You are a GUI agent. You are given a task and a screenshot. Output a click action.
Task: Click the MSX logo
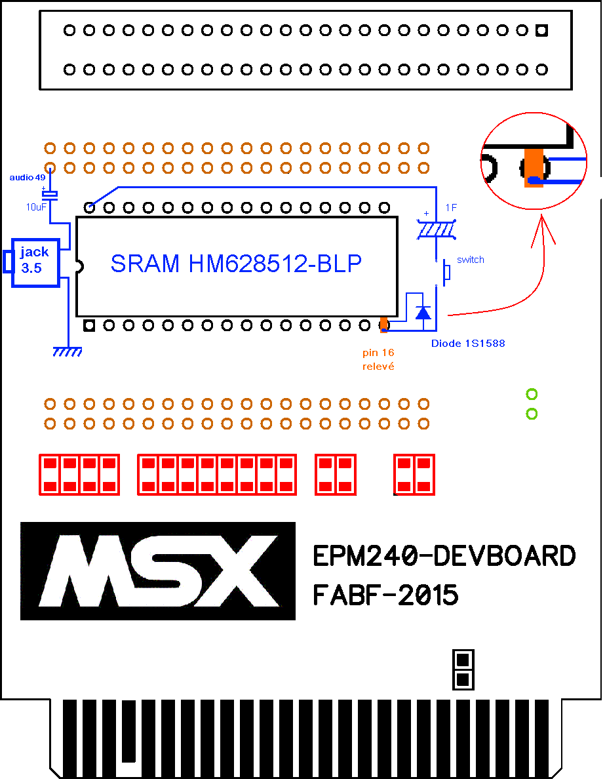pyautogui.click(x=158, y=571)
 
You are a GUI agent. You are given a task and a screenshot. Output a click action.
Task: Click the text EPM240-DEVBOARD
pyautogui.click(x=444, y=555)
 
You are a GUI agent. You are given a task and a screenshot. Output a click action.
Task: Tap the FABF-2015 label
pyautogui.click(x=385, y=595)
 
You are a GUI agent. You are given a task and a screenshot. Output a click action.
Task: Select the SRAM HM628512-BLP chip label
pyautogui.click(x=236, y=264)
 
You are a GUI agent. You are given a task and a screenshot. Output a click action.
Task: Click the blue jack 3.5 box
pyautogui.click(x=35, y=262)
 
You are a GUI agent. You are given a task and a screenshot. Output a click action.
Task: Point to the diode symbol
pyautogui.click(x=423, y=312)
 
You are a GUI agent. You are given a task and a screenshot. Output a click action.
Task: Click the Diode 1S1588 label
pyautogui.click(x=468, y=344)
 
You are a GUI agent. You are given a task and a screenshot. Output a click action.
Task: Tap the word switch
pyautogui.click(x=471, y=259)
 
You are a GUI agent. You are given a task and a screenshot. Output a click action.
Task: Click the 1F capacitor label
pyautogui.click(x=451, y=208)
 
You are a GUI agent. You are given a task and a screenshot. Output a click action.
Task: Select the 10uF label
pyautogui.click(x=36, y=207)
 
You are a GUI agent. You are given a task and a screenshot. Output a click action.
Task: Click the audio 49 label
pyautogui.click(x=28, y=177)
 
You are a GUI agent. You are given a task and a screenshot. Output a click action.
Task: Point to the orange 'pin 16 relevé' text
pyautogui.click(x=378, y=359)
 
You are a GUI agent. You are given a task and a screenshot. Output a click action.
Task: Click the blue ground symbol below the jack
pyautogui.click(x=68, y=351)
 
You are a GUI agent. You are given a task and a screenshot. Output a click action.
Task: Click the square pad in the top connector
pyautogui.click(x=542, y=30)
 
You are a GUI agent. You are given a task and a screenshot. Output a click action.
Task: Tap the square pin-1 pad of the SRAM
pyautogui.click(x=89, y=326)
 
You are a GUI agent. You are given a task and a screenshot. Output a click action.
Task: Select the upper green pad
pyautogui.click(x=532, y=395)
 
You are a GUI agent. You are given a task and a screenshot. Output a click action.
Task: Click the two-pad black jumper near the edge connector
pyautogui.click(x=463, y=669)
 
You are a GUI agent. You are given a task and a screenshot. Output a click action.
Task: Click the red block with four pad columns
pyautogui.click(x=79, y=475)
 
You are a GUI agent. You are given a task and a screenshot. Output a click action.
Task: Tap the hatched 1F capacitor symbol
pyautogui.click(x=436, y=230)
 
